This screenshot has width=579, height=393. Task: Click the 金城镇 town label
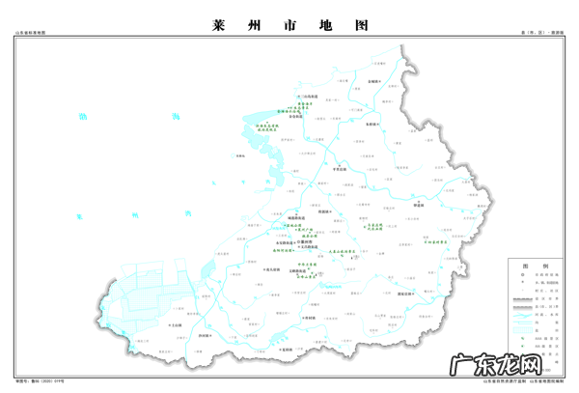point(377,83)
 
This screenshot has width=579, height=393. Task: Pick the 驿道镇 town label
point(421,205)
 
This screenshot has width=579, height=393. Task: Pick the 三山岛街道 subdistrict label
point(309,97)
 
